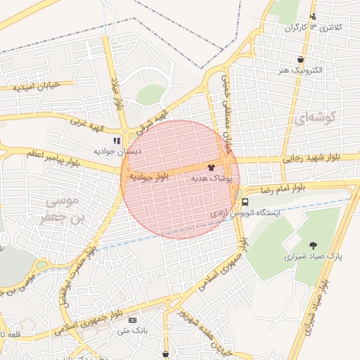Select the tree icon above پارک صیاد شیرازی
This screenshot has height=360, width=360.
click(x=312, y=245)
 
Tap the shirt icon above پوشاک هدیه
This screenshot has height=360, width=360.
click(x=212, y=168)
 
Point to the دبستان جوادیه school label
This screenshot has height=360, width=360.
click(x=119, y=151)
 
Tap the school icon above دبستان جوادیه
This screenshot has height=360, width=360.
click(x=117, y=141)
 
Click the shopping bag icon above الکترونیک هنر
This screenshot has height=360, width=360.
click(x=301, y=60)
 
